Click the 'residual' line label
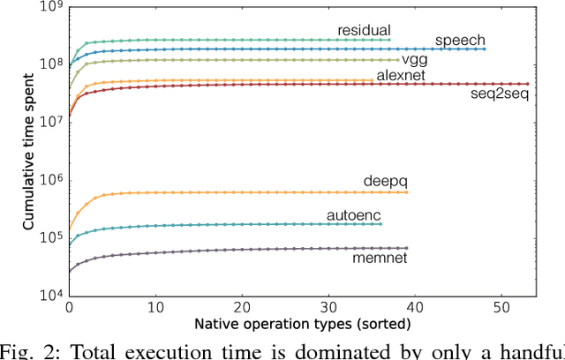364,30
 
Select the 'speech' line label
459,41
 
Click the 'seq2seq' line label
502,94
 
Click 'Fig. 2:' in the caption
31,350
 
